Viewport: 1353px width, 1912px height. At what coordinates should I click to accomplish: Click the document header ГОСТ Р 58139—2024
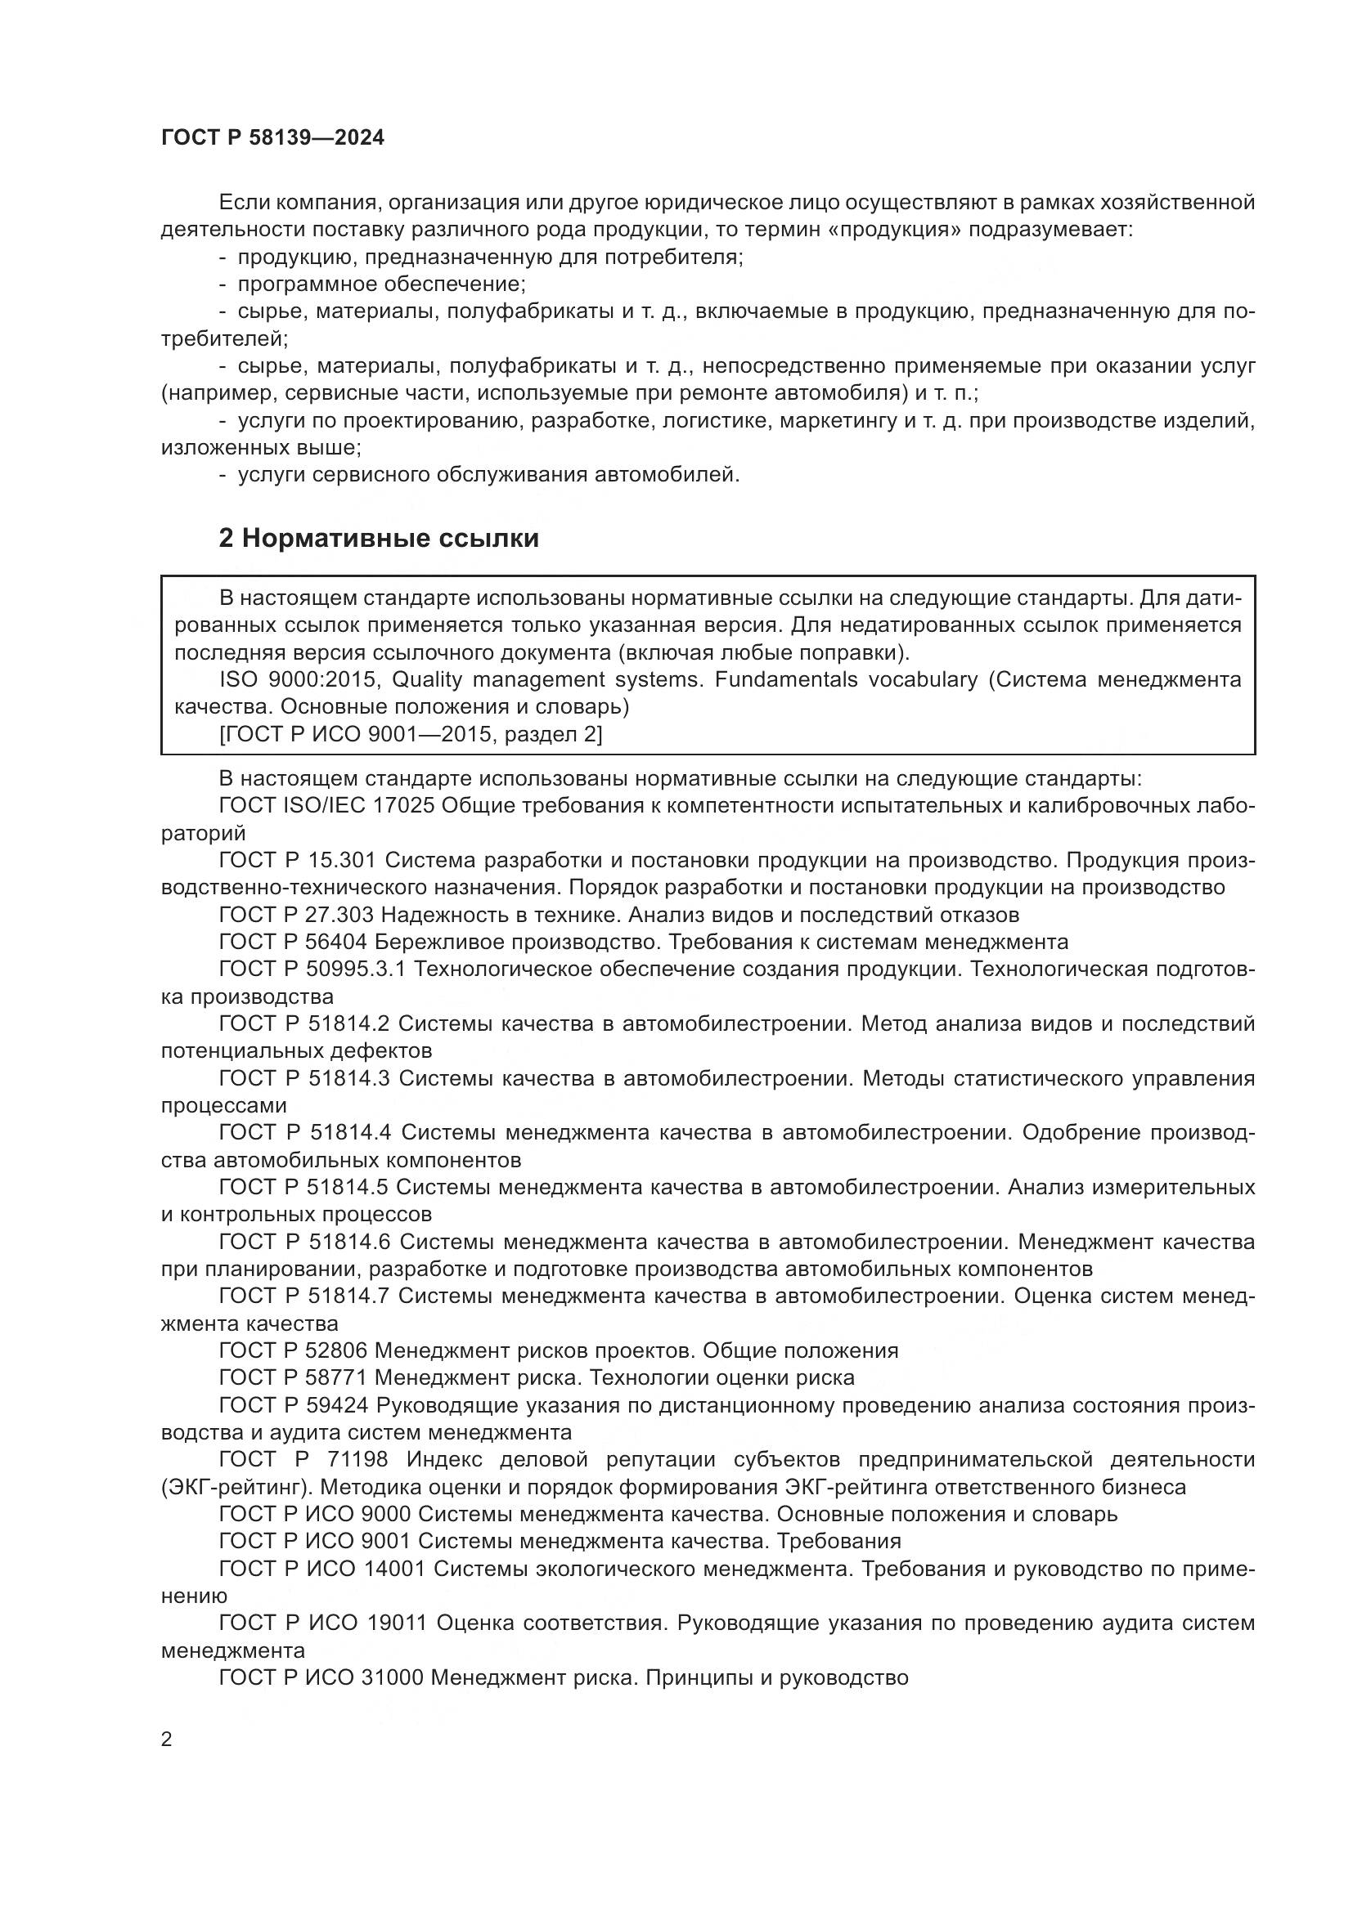272,138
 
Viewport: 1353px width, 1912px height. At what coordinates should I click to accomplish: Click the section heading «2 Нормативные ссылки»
378,539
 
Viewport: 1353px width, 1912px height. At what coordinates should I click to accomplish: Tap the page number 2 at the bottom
167,1740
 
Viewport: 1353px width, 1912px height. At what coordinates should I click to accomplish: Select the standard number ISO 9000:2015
300,679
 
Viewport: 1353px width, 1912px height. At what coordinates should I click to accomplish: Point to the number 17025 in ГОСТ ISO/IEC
407,806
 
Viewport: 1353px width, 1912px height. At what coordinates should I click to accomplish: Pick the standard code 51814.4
350,1132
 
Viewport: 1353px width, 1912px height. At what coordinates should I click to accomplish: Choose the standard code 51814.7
350,1296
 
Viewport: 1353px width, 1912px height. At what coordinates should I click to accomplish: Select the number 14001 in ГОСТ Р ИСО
395,1569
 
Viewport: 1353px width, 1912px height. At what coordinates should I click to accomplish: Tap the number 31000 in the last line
395,1677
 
